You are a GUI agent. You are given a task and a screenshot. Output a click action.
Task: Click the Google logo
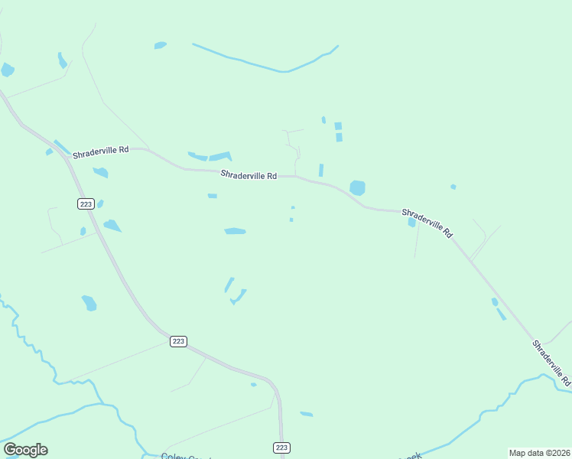click(25, 450)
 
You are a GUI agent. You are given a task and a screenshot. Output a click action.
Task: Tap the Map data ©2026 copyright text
click(538, 452)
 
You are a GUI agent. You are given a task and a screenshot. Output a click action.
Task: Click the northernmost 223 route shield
click(85, 203)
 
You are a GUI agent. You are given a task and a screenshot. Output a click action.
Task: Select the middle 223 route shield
click(178, 341)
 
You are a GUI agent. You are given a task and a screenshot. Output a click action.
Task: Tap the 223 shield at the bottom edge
click(281, 447)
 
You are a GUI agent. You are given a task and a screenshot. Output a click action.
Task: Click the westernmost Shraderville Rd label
click(100, 152)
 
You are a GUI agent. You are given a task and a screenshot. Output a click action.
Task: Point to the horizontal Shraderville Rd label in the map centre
click(249, 175)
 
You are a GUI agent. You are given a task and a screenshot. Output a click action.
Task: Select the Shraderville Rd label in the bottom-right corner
click(551, 362)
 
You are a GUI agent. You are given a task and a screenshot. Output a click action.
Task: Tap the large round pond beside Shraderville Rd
click(357, 187)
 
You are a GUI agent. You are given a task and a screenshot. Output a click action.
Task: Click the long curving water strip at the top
click(268, 63)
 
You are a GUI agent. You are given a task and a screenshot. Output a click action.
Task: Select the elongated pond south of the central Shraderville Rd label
click(235, 231)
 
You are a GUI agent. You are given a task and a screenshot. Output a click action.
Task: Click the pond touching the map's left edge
click(7, 70)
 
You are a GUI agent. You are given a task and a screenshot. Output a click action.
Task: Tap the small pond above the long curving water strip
click(160, 46)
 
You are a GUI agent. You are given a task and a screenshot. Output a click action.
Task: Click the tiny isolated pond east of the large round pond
click(453, 187)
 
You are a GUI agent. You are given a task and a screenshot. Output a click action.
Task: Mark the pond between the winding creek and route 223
click(89, 303)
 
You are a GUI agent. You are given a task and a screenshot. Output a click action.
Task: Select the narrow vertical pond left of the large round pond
click(321, 170)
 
